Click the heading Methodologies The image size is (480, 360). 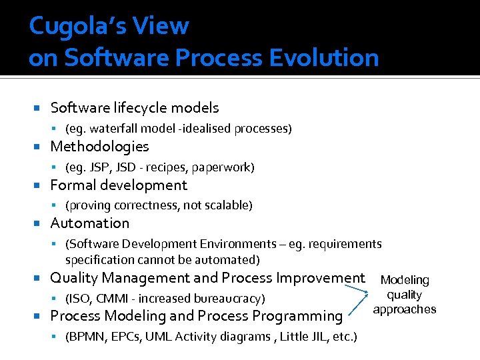tap(99, 147)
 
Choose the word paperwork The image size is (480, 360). tap(225, 167)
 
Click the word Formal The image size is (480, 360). tap(74, 185)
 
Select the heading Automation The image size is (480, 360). tap(90, 223)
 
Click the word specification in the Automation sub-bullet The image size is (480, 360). tap(97, 259)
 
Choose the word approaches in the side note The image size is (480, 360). tap(405, 309)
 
